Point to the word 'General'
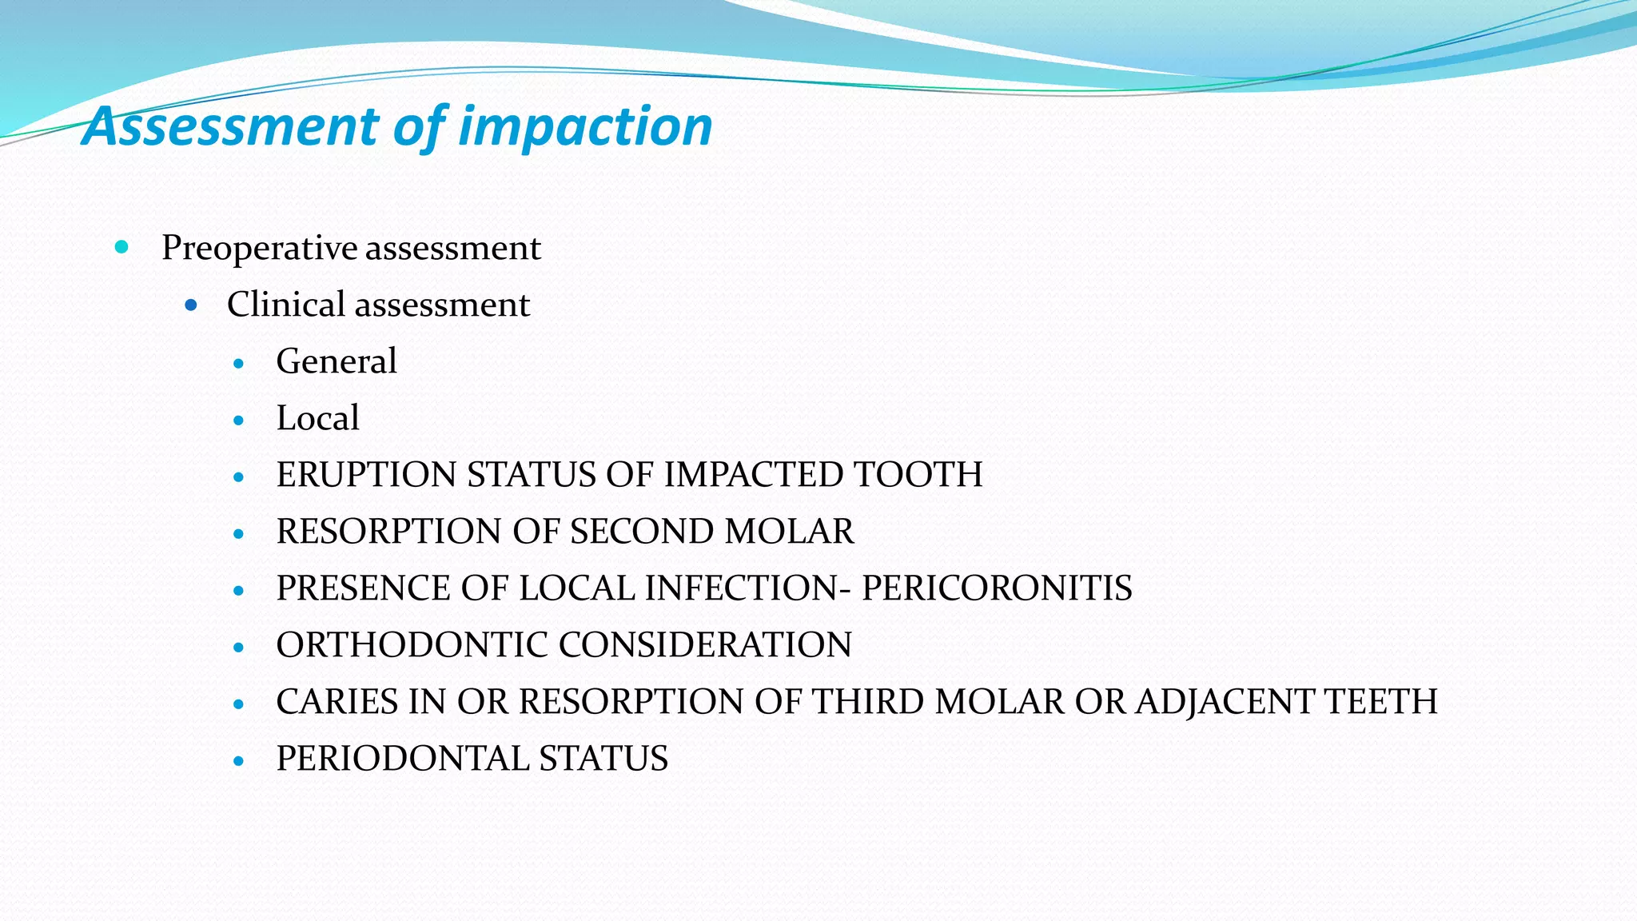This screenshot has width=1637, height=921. (x=337, y=361)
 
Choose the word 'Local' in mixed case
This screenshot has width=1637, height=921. (x=317, y=418)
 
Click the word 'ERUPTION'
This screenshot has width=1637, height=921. (x=367, y=475)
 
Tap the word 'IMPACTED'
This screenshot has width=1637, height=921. (x=754, y=475)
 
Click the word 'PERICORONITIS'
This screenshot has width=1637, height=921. (x=997, y=588)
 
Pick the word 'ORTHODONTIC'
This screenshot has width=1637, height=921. (x=412, y=645)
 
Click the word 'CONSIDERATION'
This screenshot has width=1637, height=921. (x=706, y=645)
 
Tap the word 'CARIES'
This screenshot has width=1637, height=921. (x=337, y=702)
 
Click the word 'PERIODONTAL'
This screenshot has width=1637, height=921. (x=403, y=759)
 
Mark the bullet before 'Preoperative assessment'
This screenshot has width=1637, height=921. (x=121, y=247)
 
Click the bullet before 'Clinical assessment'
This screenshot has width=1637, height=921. (x=190, y=305)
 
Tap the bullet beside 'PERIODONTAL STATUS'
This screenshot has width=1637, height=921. (x=238, y=761)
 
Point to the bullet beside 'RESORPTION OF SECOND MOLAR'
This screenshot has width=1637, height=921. (x=238, y=534)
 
